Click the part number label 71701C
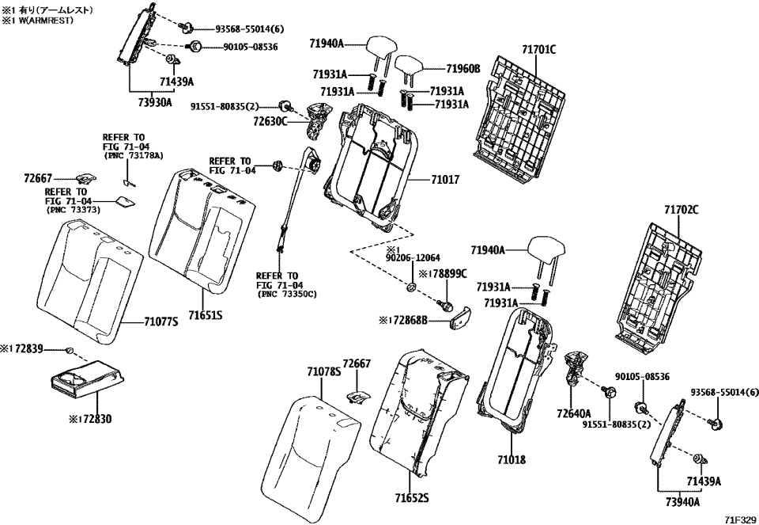pos(538,49)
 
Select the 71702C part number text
pos(681,210)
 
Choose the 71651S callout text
pos(204,315)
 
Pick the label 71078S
pos(323,371)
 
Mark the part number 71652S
pos(411,498)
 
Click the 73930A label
pos(153,102)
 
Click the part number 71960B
pos(463,69)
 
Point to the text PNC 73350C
pos(287,294)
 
